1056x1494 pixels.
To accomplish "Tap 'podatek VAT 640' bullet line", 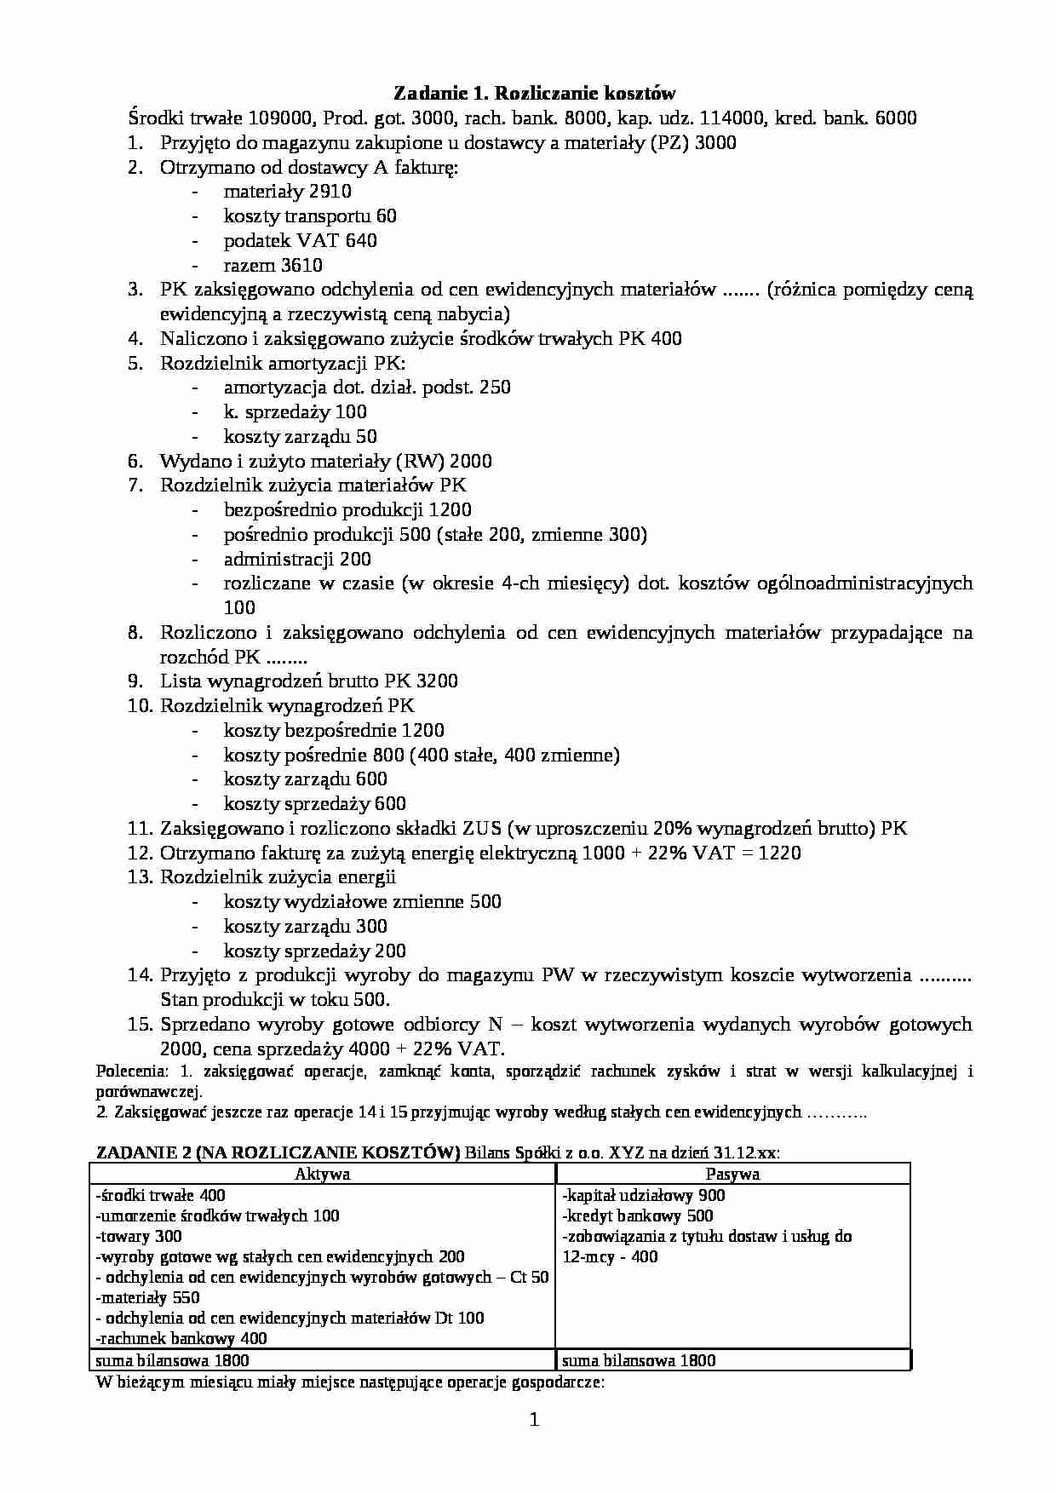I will (x=300, y=240).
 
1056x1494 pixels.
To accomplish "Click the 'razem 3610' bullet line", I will (x=273, y=265).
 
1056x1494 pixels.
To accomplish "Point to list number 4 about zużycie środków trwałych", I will (x=136, y=338).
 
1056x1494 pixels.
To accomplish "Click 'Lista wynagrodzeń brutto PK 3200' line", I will (x=308, y=681).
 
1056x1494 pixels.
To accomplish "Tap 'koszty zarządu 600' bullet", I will (x=305, y=779).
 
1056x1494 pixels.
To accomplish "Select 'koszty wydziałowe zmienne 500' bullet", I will (x=362, y=901).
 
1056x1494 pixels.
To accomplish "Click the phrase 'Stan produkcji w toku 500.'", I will (x=274, y=999).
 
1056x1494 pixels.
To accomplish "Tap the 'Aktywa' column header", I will (x=322, y=1174).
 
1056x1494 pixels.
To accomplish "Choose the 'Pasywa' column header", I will (x=732, y=1174).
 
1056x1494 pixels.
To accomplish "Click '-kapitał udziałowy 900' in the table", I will (x=644, y=1195).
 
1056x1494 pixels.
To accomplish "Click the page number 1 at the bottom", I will (x=534, y=1419).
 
